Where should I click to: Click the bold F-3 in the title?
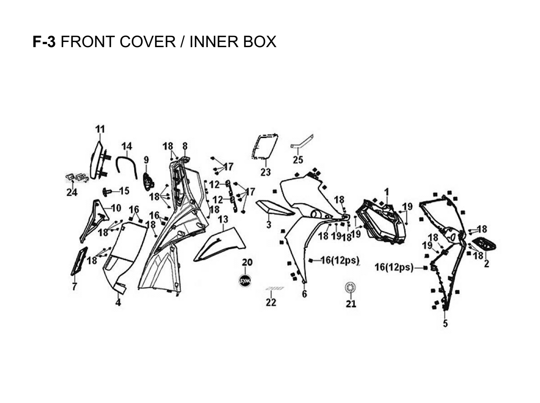(x=44, y=42)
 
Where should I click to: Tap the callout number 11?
(x=100, y=129)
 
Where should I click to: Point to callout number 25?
(x=298, y=160)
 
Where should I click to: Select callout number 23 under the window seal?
(x=265, y=172)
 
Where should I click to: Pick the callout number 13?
(x=223, y=219)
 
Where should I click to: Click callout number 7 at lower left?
(x=75, y=286)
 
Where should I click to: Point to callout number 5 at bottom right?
(x=445, y=323)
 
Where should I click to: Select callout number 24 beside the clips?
(x=72, y=192)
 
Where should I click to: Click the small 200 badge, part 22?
(x=275, y=289)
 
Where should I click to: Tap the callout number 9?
(x=146, y=160)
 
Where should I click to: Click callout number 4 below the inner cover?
(x=118, y=302)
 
